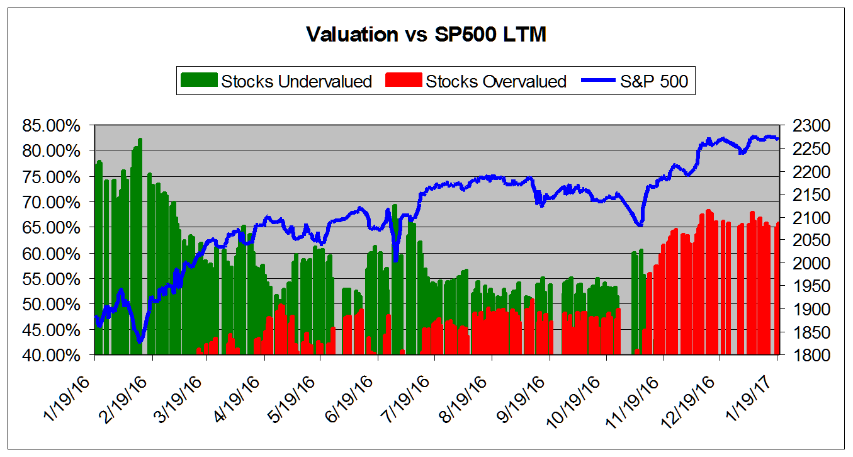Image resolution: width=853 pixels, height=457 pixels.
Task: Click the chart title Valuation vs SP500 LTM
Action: click(426, 35)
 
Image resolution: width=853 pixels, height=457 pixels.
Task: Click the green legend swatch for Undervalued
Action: click(198, 81)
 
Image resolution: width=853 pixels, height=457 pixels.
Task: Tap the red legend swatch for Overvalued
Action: click(403, 81)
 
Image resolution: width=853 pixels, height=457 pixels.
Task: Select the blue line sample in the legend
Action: click(601, 81)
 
